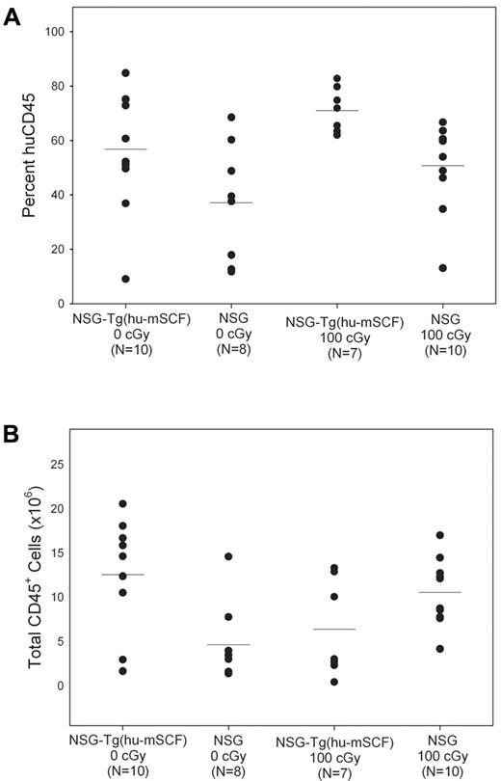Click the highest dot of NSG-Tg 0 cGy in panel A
pyautogui.click(x=125, y=73)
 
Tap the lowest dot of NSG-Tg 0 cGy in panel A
pyautogui.click(x=125, y=279)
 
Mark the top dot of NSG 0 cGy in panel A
pyautogui.click(x=231, y=118)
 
